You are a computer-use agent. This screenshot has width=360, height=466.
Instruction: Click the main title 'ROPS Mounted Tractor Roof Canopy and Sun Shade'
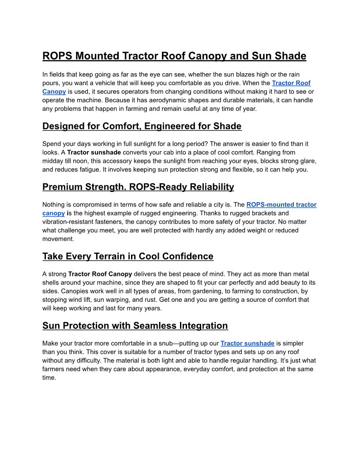(174, 56)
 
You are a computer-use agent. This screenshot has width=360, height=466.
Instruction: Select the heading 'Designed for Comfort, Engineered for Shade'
(142, 126)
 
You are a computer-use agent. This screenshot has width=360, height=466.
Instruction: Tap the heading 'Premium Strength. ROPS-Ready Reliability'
(138, 187)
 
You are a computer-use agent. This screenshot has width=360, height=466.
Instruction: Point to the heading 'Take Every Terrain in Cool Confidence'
(128, 256)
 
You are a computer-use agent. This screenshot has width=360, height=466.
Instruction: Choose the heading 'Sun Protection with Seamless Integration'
(135, 326)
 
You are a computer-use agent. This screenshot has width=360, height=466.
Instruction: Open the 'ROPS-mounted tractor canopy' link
(281, 205)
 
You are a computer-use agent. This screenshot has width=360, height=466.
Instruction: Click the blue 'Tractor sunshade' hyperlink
(247, 343)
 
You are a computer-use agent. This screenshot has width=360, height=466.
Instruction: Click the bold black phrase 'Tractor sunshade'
(94, 152)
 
